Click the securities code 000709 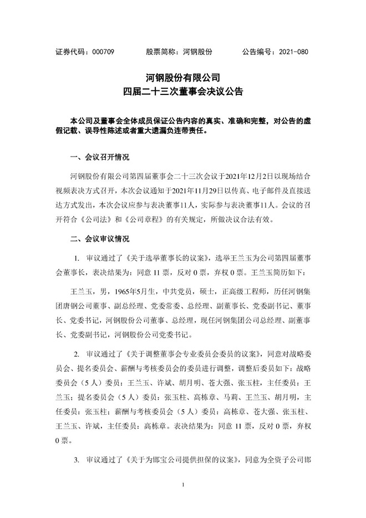[103, 52]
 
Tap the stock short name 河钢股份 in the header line [197, 52]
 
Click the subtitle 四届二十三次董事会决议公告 [182, 90]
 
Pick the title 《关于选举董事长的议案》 [168, 259]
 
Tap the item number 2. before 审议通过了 [77, 354]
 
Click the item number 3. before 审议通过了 [77, 461]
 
